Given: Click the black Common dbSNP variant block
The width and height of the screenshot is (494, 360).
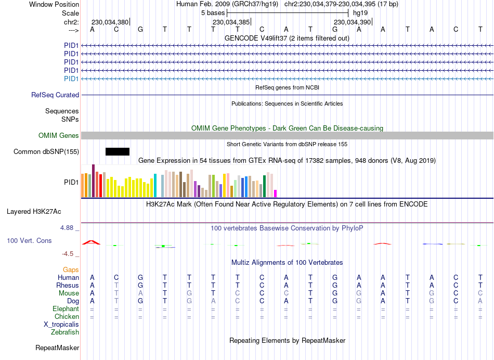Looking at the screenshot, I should [x=118, y=151].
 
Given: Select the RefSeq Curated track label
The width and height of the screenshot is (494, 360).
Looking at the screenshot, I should [x=55, y=95].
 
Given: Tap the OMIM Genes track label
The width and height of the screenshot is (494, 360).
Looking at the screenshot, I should [x=59, y=136].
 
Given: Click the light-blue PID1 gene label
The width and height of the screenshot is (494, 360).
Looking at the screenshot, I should [x=71, y=79].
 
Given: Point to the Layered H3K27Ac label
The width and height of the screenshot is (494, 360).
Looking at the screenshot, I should [x=34, y=212].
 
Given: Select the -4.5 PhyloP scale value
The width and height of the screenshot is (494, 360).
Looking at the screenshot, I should [x=69, y=254].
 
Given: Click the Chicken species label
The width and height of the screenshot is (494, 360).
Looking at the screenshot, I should [x=67, y=316].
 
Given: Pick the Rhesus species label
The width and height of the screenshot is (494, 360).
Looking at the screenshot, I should [x=68, y=285].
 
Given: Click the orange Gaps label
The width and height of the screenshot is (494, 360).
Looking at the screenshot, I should [x=71, y=269].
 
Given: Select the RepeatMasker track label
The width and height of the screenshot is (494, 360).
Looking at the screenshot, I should [x=57, y=348].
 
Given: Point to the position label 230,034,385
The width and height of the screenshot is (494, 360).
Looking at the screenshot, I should [x=231, y=22].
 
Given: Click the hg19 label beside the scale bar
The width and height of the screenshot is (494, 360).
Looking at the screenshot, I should [x=360, y=12].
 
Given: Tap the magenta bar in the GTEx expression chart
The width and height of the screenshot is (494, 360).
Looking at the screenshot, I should [x=276, y=194].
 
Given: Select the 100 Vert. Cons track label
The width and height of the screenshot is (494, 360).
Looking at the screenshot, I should [x=29, y=241].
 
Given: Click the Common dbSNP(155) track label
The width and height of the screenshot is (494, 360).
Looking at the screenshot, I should [x=46, y=152].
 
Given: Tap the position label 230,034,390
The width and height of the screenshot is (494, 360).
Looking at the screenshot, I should [x=352, y=22].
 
